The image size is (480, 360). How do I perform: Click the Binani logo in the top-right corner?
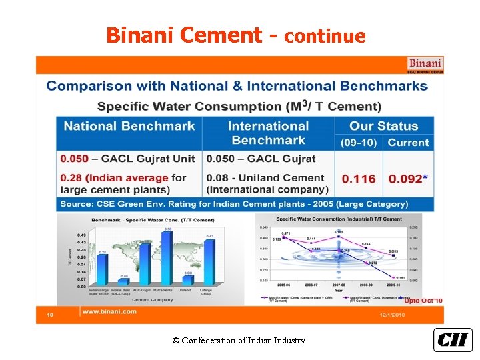coord(425,65)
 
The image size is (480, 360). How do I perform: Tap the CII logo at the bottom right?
coord(453,340)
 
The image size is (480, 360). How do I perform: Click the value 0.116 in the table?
coord(359,179)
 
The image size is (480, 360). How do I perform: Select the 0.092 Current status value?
coord(406,179)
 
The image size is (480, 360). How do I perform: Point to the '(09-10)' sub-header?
coord(359,143)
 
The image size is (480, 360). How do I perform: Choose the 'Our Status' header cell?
coord(383,126)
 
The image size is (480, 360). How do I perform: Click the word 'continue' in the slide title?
coord(325,36)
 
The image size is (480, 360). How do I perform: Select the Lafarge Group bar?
coord(209,262)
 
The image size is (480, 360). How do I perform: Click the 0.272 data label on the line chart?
coord(373,263)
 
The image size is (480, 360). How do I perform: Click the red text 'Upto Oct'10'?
coord(423,301)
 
